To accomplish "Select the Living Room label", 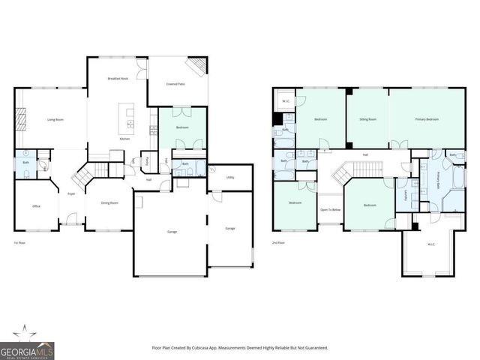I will click(x=55, y=120).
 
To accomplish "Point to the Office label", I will click(x=35, y=205).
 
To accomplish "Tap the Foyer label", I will click(x=71, y=193).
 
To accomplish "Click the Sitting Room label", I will click(x=367, y=119).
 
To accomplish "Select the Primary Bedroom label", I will click(x=427, y=119).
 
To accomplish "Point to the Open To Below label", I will click(x=331, y=210).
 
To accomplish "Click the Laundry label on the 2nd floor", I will click(x=406, y=194).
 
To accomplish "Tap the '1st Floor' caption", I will click(x=20, y=243).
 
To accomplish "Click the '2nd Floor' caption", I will click(x=278, y=243).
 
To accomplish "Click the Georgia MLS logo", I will click(x=26, y=346).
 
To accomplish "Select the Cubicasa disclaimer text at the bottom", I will click(x=240, y=348).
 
